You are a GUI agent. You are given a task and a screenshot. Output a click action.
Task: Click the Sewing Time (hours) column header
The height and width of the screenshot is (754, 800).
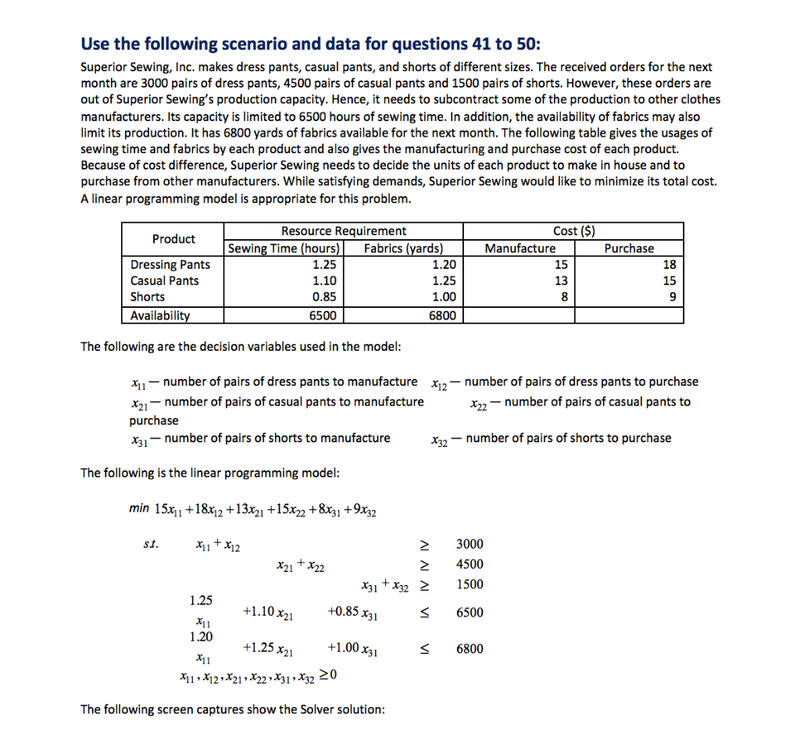point(284,248)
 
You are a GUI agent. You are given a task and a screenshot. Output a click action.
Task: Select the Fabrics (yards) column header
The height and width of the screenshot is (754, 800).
point(403,248)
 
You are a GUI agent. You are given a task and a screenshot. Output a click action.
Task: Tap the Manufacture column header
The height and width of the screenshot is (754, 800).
point(520,248)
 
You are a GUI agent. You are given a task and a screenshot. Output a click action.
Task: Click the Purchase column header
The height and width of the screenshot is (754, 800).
point(629,248)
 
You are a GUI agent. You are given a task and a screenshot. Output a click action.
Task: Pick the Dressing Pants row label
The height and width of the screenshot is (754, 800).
point(170,265)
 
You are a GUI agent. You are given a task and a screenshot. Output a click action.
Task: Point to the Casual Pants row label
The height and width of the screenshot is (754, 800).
point(164,281)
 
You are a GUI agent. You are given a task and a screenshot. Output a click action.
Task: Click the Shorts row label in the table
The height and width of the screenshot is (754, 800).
point(148,297)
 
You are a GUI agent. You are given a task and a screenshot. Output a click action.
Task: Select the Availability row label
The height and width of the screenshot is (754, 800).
point(159,316)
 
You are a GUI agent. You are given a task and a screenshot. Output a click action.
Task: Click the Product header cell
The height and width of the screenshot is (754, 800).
point(173,239)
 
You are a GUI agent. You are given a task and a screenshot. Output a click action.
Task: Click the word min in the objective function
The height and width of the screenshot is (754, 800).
point(139,509)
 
